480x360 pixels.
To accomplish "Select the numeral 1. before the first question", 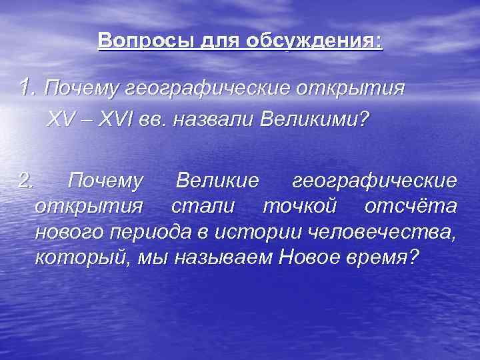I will (27, 87).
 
